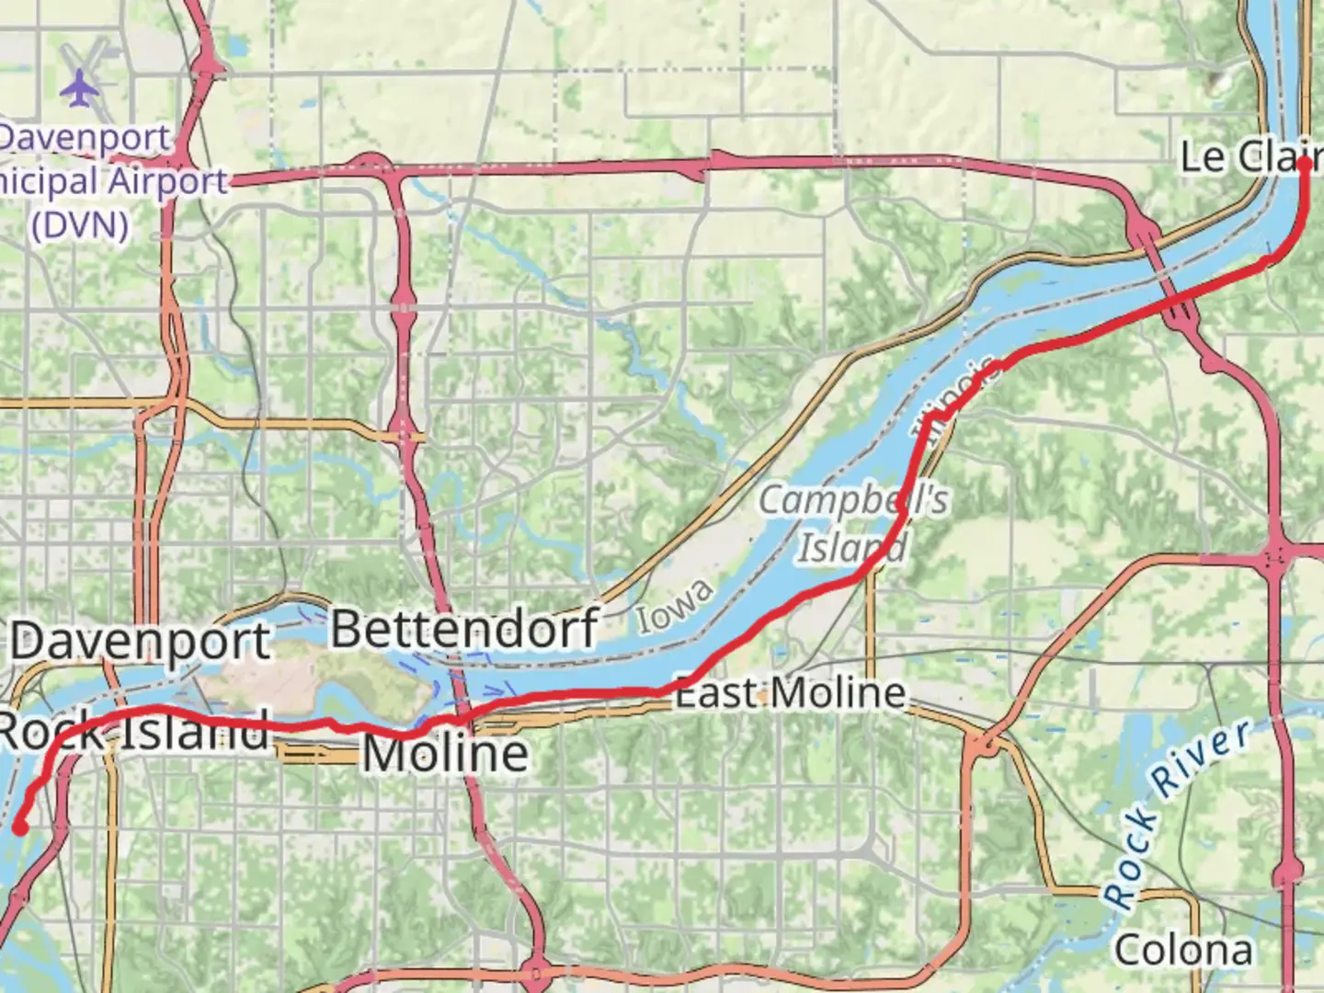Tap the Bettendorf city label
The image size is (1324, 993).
pos(464,630)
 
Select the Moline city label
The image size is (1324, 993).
pos(446,754)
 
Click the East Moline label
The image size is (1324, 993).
pos(791,693)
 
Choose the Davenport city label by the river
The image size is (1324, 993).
pos(141,641)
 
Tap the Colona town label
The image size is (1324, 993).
pos(1183,950)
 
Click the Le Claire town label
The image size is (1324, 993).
pos(1250,157)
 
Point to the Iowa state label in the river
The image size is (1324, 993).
pos(676,607)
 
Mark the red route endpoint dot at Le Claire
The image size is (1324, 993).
pos(1304,163)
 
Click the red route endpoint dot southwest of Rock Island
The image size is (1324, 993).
pos(19,828)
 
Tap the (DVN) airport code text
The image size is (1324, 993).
pos(79,223)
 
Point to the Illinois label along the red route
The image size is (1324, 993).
pos(956,398)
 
